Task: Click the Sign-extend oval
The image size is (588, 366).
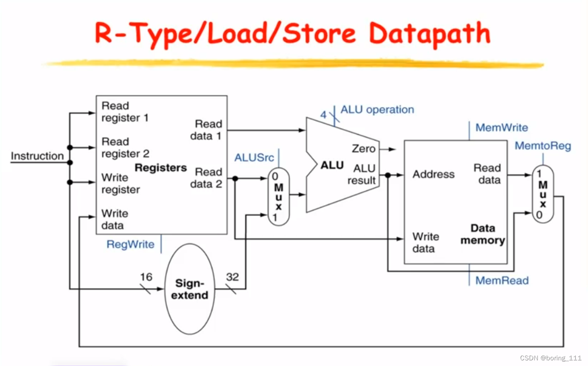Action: [x=191, y=289]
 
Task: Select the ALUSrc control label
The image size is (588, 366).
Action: [x=254, y=157]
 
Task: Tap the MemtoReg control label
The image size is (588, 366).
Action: [x=542, y=146]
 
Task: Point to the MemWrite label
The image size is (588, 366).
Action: [x=501, y=127]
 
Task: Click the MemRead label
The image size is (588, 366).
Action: [x=502, y=280]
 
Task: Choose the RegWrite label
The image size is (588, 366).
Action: [x=130, y=244]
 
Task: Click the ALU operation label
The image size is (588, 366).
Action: [x=377, y=110]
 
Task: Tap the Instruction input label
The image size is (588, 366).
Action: [x=37, y=156]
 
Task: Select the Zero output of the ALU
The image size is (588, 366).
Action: [x=363, y=149]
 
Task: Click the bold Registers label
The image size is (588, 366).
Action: [x=160, y=168]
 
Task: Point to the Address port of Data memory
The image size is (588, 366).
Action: [x=433, y=174]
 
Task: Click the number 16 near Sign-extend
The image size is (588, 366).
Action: [x=146, y=277]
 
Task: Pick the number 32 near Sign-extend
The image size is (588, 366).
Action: [x=232, y=277]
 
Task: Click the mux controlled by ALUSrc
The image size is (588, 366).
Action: [x=278, y=196]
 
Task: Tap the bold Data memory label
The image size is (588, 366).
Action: [x=483, y=234]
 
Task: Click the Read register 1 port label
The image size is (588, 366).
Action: [x=124, y=112]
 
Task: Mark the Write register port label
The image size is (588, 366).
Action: [x=120, y=183]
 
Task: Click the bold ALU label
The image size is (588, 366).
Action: [x=332, y=165]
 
